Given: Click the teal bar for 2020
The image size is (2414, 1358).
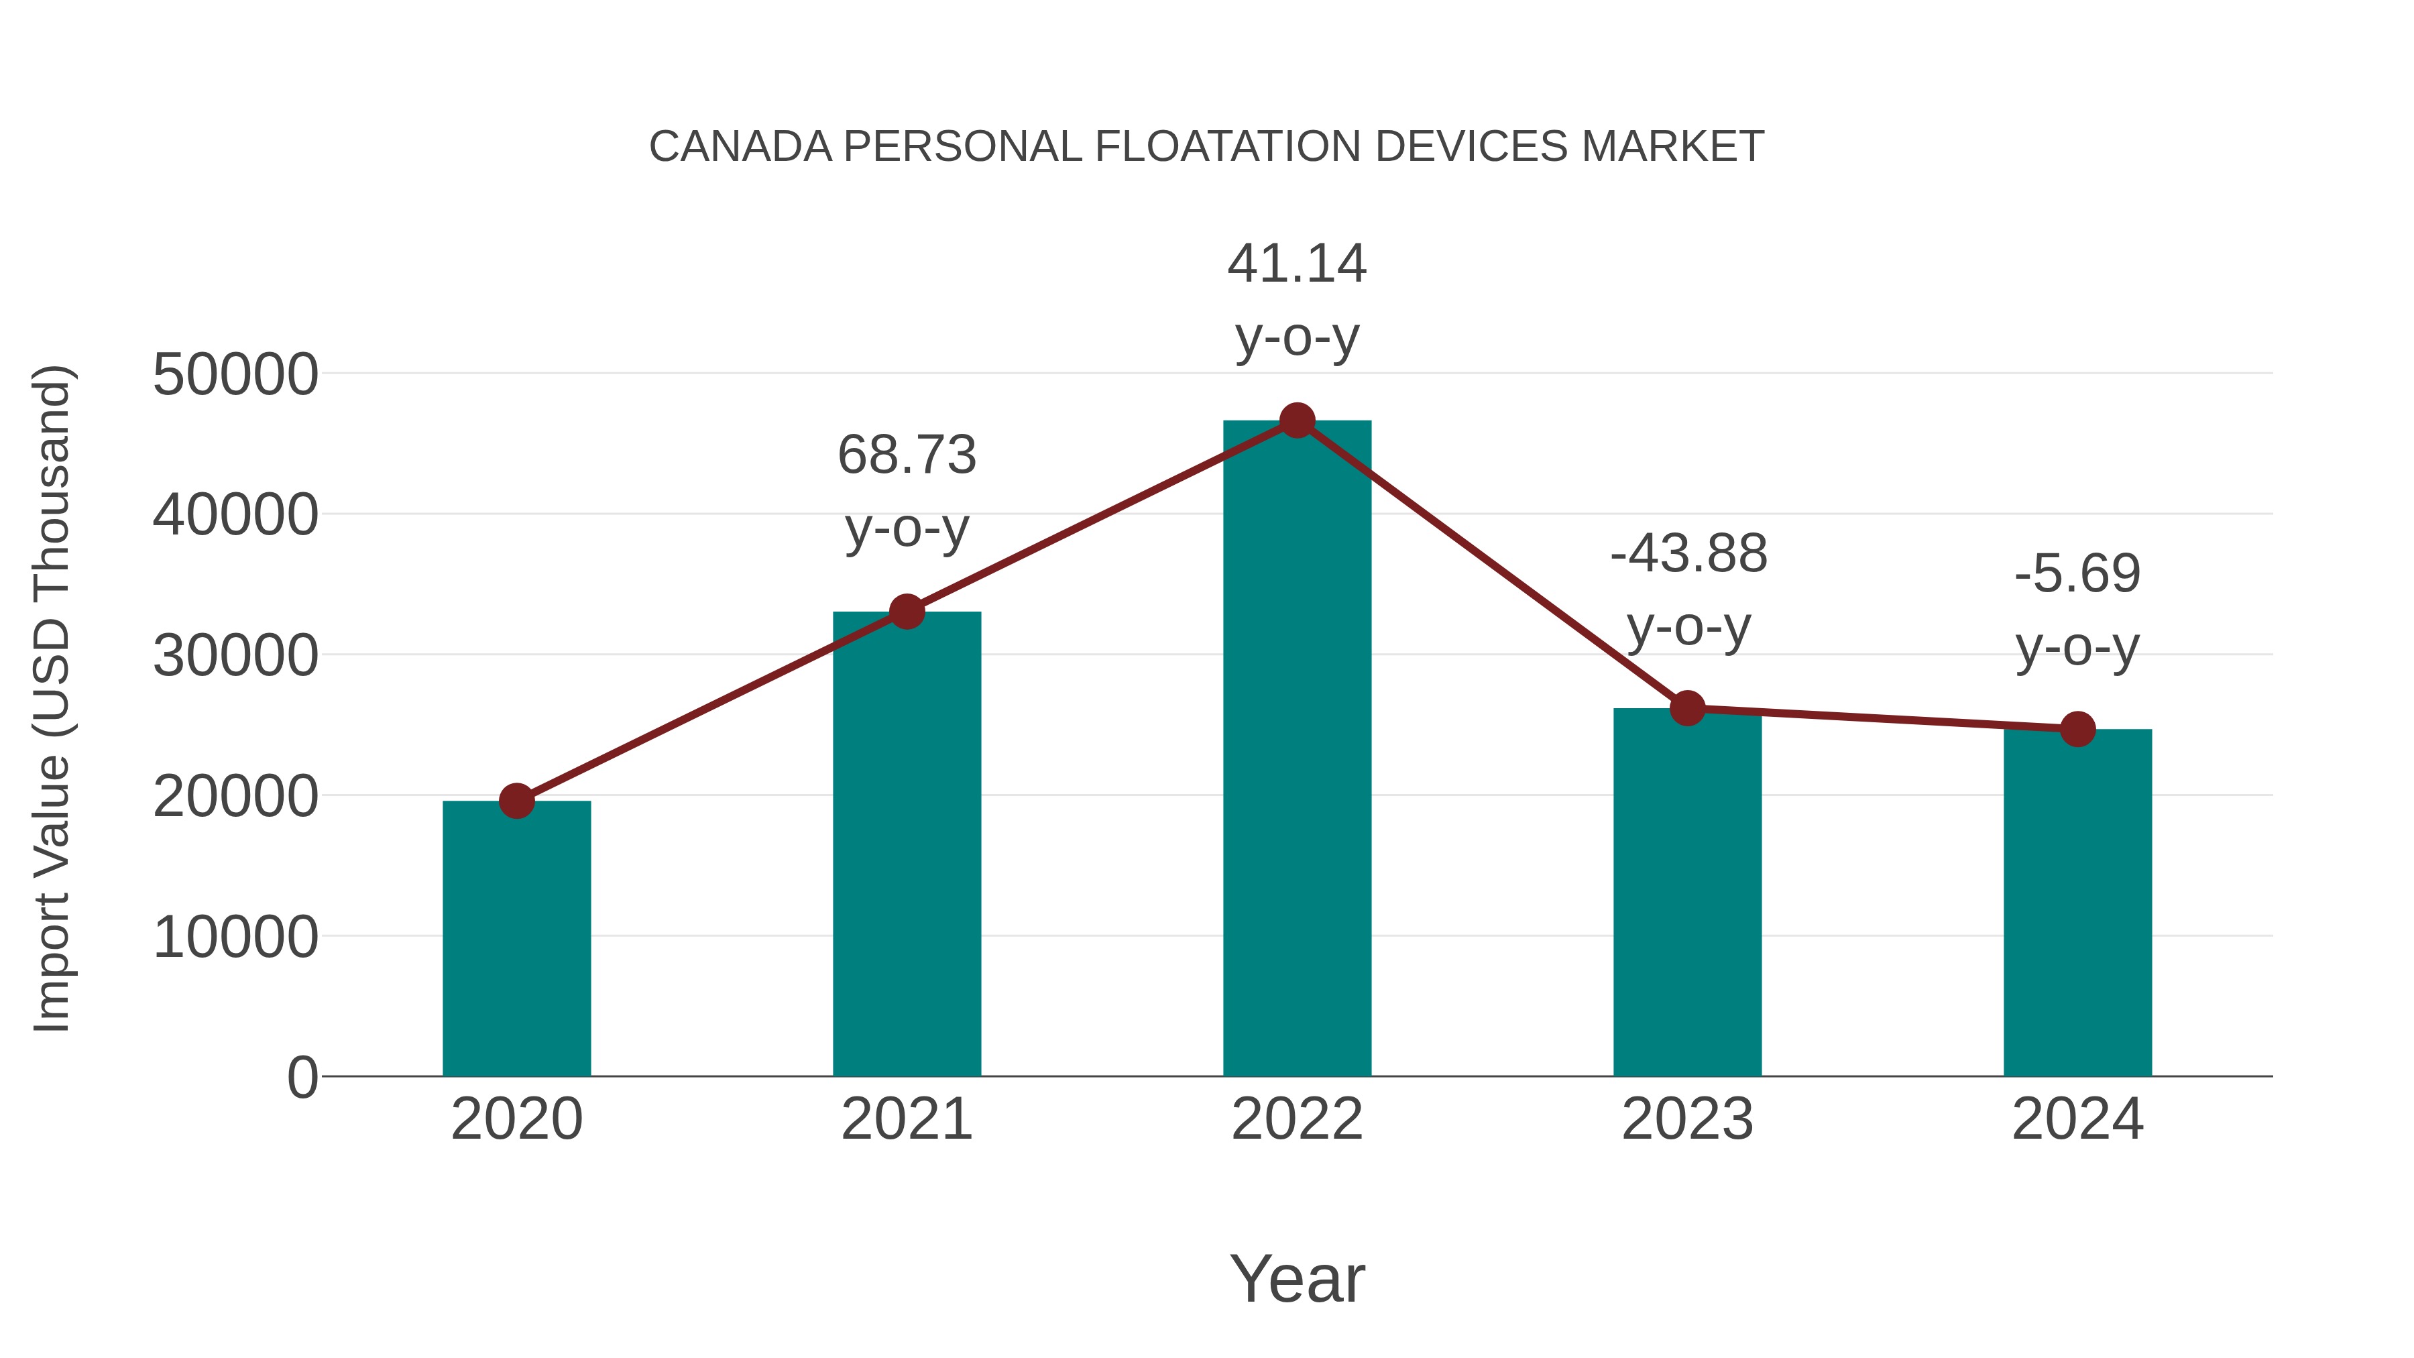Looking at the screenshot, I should tap(516, 938).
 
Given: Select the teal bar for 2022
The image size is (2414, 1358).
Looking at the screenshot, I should tap(1297, 750).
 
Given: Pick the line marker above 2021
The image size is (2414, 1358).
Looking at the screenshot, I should tap(906, 612).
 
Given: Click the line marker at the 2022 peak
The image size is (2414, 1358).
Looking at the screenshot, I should tap(1297, 420).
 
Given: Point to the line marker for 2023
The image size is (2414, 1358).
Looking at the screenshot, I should tap(1687, 709).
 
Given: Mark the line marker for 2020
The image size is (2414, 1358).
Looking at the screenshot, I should tap(516, 801).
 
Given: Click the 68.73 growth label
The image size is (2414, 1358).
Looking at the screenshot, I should tap(906, 455).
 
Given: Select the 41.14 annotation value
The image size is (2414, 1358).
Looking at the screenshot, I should tap(1297, 264).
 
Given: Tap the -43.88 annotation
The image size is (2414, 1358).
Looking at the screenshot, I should tap(1688, 553).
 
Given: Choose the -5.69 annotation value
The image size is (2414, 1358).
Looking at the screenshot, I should tap(2077, 573).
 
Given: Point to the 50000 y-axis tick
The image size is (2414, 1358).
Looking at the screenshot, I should tap(235, 375).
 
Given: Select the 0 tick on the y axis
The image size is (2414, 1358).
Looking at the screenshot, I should tap(302, 1077).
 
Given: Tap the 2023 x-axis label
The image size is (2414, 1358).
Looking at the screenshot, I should tap(1687, 1119).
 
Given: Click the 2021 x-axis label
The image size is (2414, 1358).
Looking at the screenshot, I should tap(906, 1119).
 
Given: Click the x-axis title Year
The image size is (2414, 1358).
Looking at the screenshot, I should tap(1297, 1278).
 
